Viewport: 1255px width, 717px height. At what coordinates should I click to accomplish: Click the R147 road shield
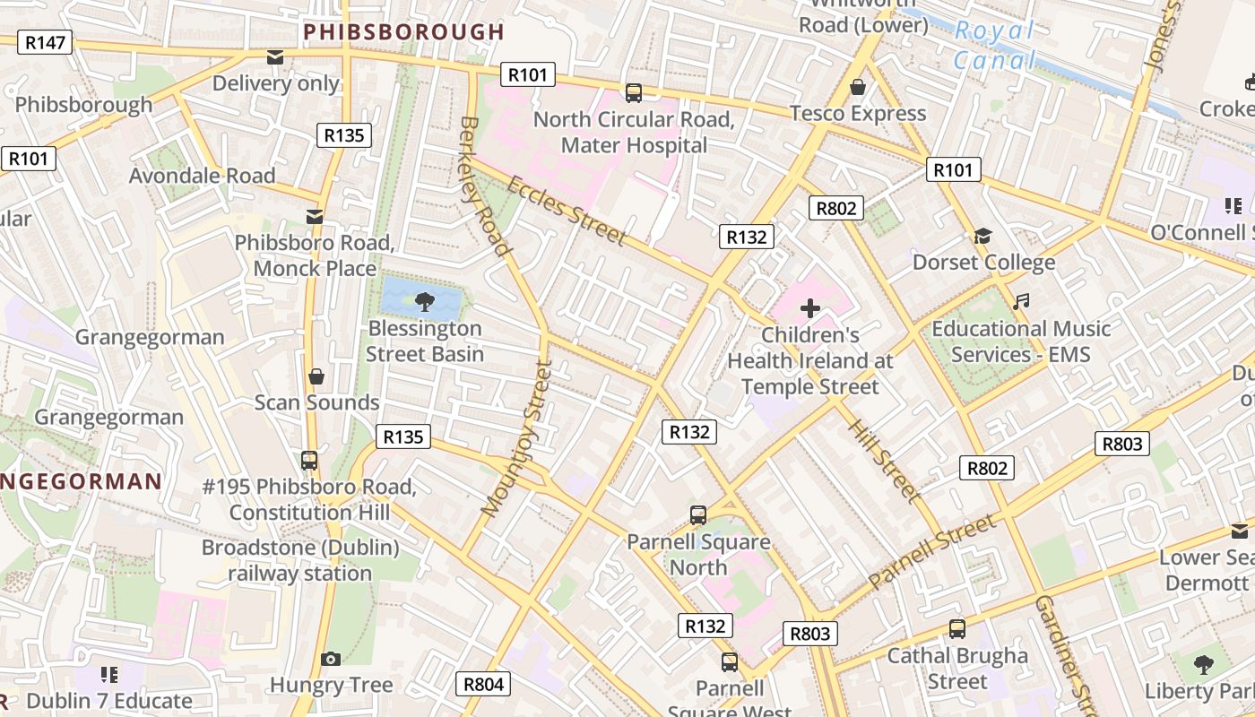(44, 42)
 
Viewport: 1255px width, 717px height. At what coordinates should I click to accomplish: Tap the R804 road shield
(483, 684)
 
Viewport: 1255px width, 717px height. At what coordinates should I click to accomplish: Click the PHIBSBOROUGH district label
(403, 32)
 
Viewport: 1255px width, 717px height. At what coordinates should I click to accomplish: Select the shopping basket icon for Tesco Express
(858, 87)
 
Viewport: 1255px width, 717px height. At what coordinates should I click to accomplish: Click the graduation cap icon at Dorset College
(983, 237)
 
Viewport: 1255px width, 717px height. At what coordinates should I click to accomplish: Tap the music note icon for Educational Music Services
(1020, 302)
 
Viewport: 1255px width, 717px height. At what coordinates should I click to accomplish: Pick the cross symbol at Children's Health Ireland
(810, 309)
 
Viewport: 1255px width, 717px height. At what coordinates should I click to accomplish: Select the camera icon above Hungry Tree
(331, 660)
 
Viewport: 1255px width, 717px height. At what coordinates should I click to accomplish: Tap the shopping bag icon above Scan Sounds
(316, 376)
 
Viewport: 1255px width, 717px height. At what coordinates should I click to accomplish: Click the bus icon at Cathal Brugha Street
(957, 629)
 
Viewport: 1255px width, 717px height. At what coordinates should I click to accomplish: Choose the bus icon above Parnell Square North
(698, 515)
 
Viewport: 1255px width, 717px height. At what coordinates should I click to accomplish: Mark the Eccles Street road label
(567, 210)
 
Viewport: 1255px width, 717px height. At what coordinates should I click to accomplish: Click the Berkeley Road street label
(484, 186)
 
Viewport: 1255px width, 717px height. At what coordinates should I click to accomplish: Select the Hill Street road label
(883, 460)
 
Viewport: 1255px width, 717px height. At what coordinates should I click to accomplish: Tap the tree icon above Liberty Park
(1203, 665)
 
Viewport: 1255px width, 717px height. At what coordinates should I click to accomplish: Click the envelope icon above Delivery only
(275, 57)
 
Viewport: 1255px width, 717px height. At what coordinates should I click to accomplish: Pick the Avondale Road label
(202, 175)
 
